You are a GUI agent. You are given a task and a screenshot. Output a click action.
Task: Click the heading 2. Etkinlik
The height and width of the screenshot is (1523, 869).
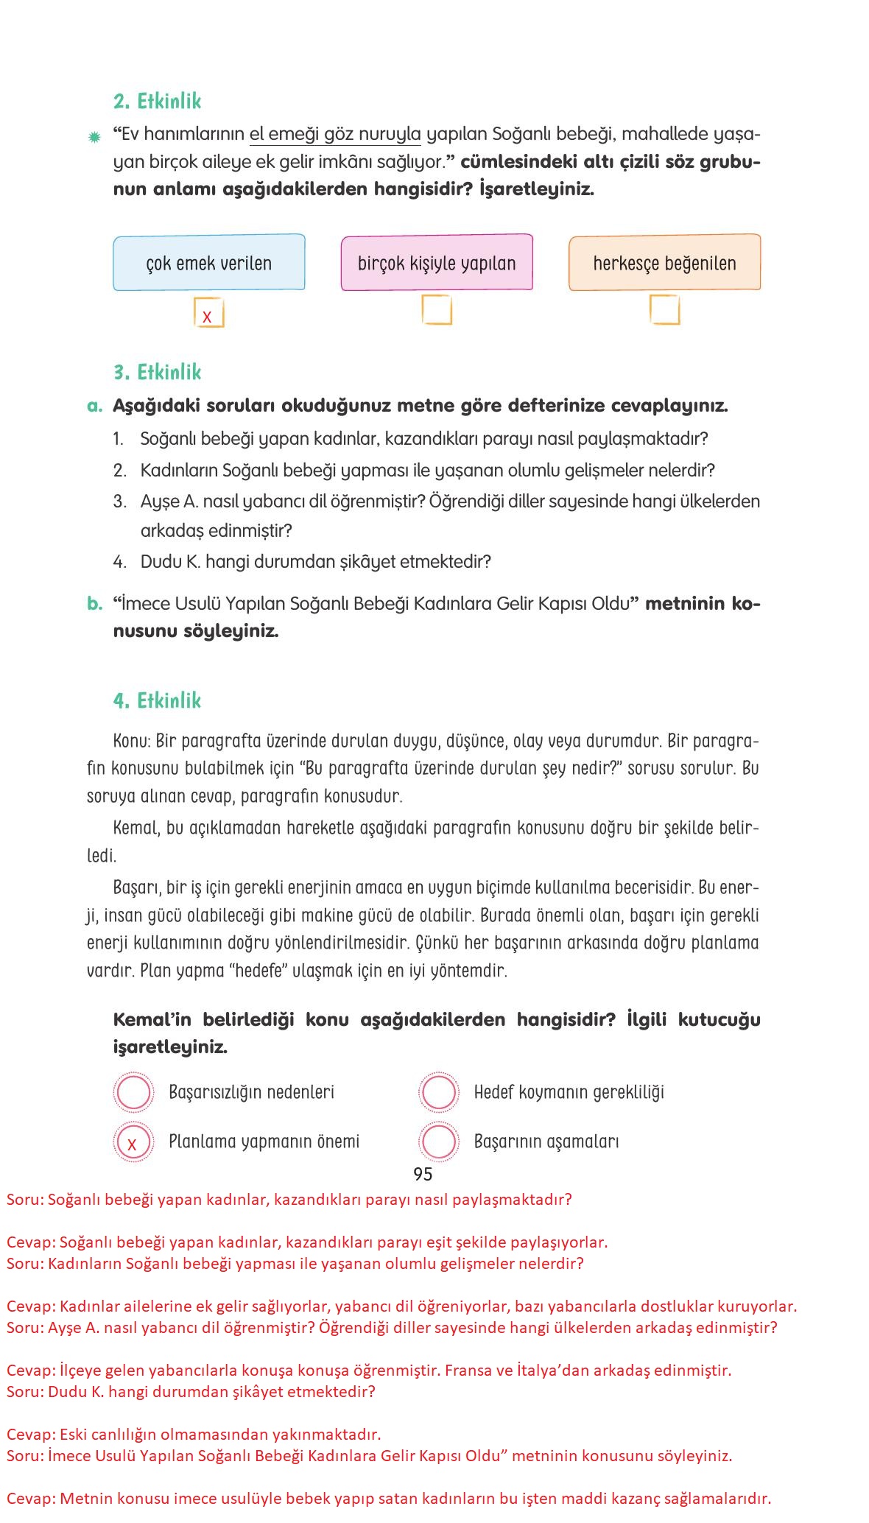[x=157, y=101]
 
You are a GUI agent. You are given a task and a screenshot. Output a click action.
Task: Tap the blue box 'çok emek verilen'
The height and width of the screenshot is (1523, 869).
[x=209, y=263]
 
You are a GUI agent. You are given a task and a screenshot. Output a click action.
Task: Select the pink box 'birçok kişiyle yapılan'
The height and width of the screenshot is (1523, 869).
[x=437, y=263]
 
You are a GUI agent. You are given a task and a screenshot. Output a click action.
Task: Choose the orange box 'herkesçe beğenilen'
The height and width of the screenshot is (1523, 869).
[x=664, y=263]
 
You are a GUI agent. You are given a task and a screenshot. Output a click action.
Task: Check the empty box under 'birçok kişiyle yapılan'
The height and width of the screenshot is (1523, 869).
[x=437, y=310]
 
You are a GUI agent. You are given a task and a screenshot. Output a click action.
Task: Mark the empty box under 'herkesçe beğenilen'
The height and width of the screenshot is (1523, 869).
[x=664, y=310]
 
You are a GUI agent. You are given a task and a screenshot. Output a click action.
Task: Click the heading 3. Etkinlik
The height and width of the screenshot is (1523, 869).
[x=157, y=372]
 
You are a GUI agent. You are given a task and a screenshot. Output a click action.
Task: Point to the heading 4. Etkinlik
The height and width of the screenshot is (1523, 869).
[x=157, y=700]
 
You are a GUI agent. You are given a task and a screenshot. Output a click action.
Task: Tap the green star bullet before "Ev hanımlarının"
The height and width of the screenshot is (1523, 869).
[x=94, y=137]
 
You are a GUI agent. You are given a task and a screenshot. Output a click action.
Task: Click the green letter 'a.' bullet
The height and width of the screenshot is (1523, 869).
[x=94, y=406]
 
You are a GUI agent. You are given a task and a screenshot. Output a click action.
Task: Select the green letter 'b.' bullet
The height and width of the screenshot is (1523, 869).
[x=94, y=604]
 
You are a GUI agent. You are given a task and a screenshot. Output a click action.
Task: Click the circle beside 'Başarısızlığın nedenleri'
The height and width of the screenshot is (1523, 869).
[x=133, y=1092]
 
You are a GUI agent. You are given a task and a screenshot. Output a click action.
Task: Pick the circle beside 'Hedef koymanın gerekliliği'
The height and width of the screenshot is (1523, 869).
[x=439, y=1092]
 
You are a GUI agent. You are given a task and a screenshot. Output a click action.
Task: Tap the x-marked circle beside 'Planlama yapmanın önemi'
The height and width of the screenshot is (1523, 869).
[x=133, y=1142]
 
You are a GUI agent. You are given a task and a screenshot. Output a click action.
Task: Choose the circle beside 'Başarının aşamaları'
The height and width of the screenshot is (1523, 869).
[x=439, y=1142]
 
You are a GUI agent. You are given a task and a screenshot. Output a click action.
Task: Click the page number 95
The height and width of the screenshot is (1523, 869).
[x=423, y=1174]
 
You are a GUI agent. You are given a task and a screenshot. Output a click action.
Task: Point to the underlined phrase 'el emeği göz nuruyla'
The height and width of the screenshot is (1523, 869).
[x=335, y=135]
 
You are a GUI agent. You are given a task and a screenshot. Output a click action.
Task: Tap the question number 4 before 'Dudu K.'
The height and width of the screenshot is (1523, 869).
[x=119, y=562]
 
